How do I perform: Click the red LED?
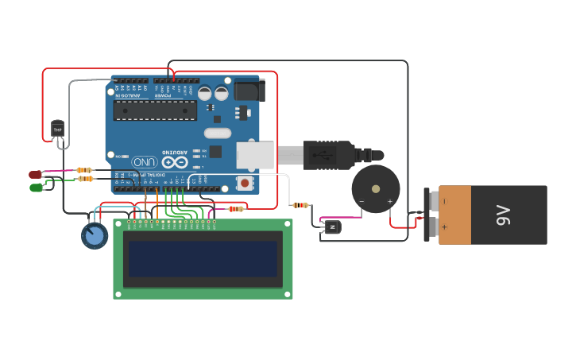pos(35,175)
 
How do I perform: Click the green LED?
pos(36,188)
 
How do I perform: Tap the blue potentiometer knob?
pos(94,235)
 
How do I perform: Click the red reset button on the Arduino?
pos(245,184)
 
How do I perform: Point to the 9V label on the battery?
pos(502,215)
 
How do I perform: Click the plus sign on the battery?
pos(444,227)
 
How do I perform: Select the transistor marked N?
pos(332,227)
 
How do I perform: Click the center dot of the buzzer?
pos(376,189)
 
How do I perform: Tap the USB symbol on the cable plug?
pos(325,154)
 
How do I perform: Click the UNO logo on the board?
pos(144,161)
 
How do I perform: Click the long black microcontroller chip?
pos(155,110)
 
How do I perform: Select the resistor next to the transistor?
pos(300,205)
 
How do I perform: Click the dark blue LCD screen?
pos(203,258)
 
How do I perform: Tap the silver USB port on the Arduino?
pos(254,154)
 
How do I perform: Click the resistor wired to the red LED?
pos(84,170)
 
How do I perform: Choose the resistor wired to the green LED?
pos(85,179)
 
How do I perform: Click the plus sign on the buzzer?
pos(389,202)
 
